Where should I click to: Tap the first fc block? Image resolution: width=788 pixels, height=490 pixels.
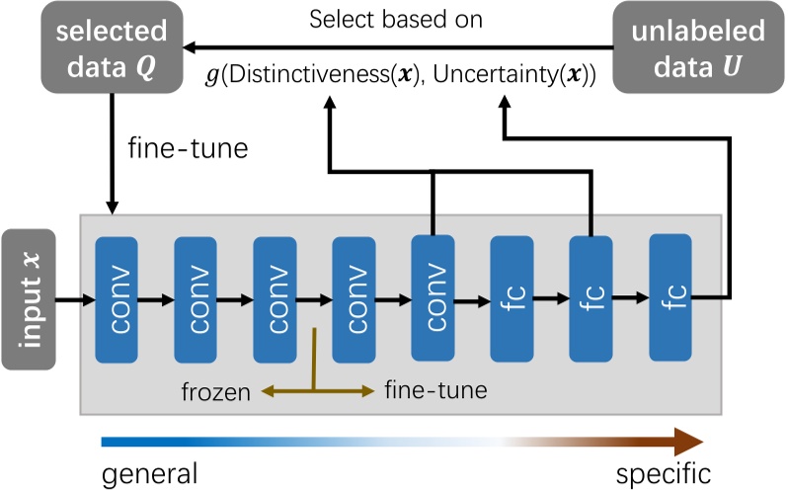512,296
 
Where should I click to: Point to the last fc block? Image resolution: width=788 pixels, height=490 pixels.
670,296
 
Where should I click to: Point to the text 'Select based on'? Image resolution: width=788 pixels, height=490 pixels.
395,19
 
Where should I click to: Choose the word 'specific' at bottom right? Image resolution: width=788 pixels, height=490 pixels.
663,472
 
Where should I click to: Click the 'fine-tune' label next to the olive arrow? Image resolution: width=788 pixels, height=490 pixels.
435,391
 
